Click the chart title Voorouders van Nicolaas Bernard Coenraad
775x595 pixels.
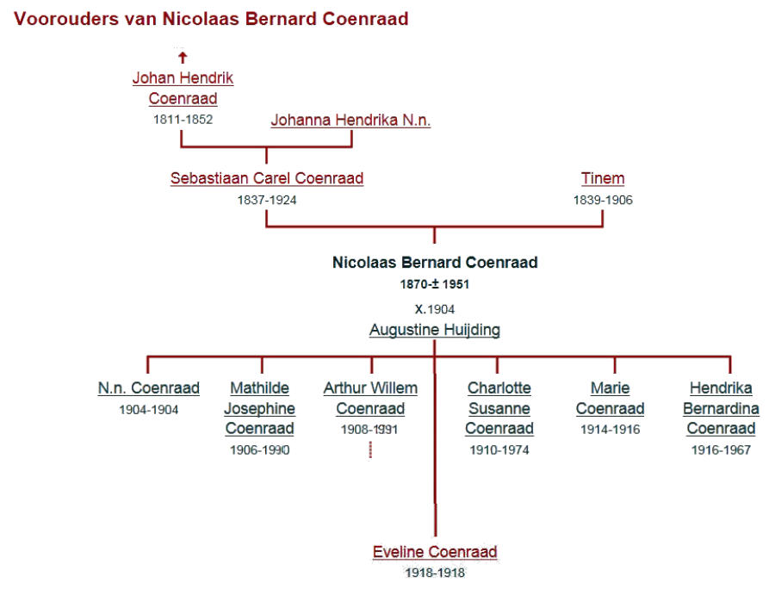click(211, 19)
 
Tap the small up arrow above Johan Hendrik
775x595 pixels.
click(183, 58)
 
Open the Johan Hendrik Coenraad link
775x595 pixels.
click(183, 88)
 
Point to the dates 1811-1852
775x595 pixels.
click(183, 120)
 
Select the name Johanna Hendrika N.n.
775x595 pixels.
click(350, 120)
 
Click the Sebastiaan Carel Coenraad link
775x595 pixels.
click(267, 178)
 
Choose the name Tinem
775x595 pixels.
click(603, 178)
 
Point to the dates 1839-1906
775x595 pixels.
click(603, 200)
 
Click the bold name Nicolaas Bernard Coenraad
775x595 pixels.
click(435, 262)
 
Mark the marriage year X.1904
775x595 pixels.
click(435, 309)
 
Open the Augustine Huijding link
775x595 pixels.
click(435, 330)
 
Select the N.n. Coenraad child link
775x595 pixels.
click(149, 388)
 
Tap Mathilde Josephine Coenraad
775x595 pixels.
click(259, 408)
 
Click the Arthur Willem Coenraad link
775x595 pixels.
click(370, 399)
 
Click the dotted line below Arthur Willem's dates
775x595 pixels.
click(370, 449)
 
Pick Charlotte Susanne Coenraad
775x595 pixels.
click(499, 408)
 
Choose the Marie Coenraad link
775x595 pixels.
click(610, 399)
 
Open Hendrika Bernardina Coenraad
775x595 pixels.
click(721, 408)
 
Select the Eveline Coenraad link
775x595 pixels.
click(435, 551)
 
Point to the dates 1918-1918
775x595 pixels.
click(435, 573)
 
